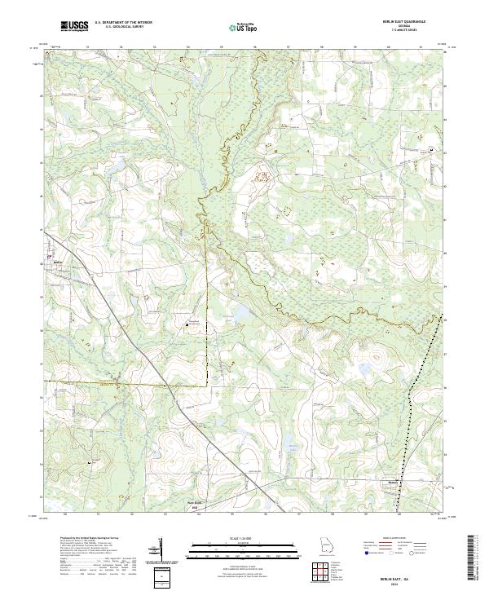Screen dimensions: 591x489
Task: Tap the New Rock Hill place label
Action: point(194,502)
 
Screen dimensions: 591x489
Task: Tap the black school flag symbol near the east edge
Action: point(432,149)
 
